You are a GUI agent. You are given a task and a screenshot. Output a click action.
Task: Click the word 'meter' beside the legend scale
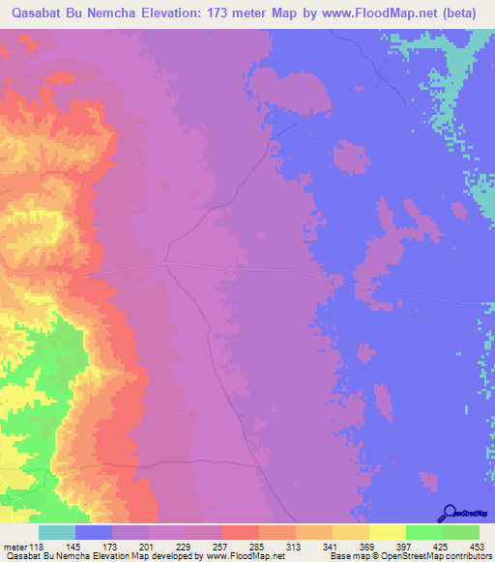coord(17,547)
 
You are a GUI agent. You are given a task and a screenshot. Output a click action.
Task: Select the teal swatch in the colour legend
coord(56,532)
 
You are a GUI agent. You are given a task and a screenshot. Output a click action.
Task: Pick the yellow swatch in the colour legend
coord(387,532)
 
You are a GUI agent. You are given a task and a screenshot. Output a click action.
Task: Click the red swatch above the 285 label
coord(240,532)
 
